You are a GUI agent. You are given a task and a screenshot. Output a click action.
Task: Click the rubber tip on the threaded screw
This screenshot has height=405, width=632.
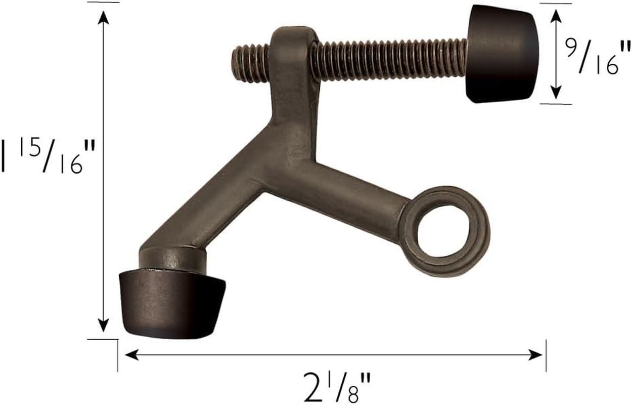click(501, 53)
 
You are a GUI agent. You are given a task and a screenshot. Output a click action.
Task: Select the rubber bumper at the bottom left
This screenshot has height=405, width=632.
click(169, 304)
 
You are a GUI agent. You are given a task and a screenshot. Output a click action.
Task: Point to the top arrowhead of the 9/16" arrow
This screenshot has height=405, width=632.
click(556, 15)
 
